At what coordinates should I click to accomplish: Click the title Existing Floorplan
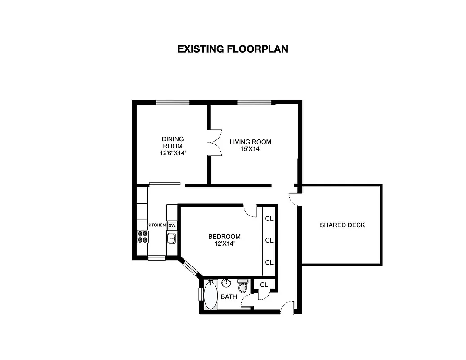coord(233,49)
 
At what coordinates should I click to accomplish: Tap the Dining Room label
coord(173,146)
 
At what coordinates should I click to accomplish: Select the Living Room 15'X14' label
coord(251,145)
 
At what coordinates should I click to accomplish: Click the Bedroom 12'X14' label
coord(224,240)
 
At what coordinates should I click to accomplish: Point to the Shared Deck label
coord(342,225)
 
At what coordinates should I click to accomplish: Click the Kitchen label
coord(157,225)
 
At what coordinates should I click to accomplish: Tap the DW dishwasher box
coord(172,225)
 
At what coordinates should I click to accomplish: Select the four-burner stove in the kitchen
coord(143,236)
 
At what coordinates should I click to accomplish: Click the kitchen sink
coord(171,238)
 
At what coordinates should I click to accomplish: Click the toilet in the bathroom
coord(243,286)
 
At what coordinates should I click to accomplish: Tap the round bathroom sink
coord(226,283)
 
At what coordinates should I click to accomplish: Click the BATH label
coord(229,297)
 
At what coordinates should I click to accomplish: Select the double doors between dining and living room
coord(214,142)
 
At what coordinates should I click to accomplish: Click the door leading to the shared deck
coord(295,199)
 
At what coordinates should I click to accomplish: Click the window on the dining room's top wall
coord(172,103)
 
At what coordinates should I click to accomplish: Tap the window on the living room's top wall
coord(255,103)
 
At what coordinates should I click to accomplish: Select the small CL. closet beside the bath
coord(264,284)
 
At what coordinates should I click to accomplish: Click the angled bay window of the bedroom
coord(190,267)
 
